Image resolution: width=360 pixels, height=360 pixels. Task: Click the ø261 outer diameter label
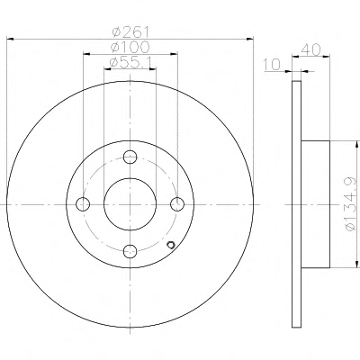click(130, 31)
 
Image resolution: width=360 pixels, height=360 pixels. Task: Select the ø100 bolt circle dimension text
click(130, 47)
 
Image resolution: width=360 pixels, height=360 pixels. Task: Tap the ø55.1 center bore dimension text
click(130, 62)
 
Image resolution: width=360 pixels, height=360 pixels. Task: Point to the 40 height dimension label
click(310, 49)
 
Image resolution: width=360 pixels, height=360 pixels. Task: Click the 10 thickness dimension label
click(272, 64)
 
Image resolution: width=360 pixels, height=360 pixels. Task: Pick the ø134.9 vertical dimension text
click(351, 204)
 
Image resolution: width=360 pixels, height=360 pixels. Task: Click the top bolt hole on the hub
click(130, 157)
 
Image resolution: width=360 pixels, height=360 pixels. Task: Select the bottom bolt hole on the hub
click(130, 251)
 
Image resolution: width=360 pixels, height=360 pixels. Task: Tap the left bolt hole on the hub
click(83, 204)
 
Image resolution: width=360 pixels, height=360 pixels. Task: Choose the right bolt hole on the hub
click(177, 204)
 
